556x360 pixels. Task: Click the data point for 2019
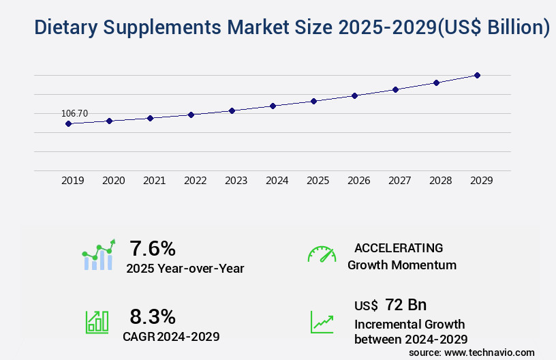pyautogui.click(x=68, y=123)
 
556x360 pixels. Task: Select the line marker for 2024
pyautogui.click(x=273, y=106)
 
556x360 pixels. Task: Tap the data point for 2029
pyautogui.click(x=477, y=75)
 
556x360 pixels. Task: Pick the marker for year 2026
pyautogui.click(x=354, y=95)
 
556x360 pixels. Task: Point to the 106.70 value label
pyautogui.click(x=74, y=113)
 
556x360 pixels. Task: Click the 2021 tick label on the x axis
pyautogui.click(x=155, y=181)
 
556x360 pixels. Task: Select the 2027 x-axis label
pyautogui.click(x=400, y=181)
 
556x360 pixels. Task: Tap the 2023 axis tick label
pyautogui.click(x=236, y=181)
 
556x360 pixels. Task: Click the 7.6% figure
pyautogui.click(x=153, y=247)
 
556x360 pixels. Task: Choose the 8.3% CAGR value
pyautogui.click(x=153, y=316)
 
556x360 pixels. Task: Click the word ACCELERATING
pyautogui.click(x=399, y=247)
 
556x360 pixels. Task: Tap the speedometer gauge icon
pyautogui.click(x=322, y=254)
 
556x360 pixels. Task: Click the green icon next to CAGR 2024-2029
pyautogui.click(x=97, y=322)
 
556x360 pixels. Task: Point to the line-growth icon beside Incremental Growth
pyautogui.click(x=322, y=322)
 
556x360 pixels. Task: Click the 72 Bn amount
pyautogui.click(x=406, y=305)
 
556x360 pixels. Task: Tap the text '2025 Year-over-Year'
pyautogui.click(x=185, y=268)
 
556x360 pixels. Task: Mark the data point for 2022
pyautogui.click(x=191, y=115)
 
